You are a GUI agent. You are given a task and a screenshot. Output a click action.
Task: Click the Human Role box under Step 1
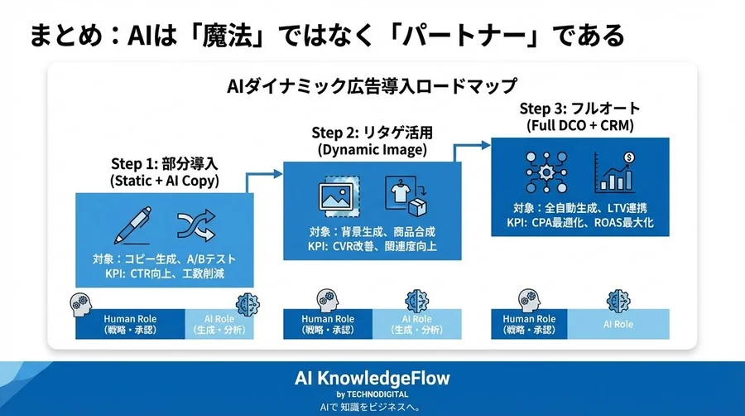point(130,325)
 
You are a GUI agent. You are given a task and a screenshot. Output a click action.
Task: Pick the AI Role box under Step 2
point(416,325)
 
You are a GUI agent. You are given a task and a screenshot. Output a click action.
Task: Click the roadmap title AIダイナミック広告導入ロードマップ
point(372,85)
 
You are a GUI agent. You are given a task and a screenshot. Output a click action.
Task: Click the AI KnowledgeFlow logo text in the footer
point(372,379)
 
